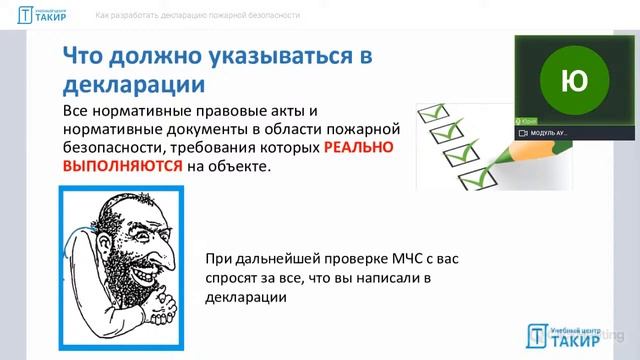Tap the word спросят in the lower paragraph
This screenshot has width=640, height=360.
(x=232, y=278)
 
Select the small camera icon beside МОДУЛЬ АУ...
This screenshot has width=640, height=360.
(x=523, y=133)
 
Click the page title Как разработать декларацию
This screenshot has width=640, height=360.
(x=197, y=16)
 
